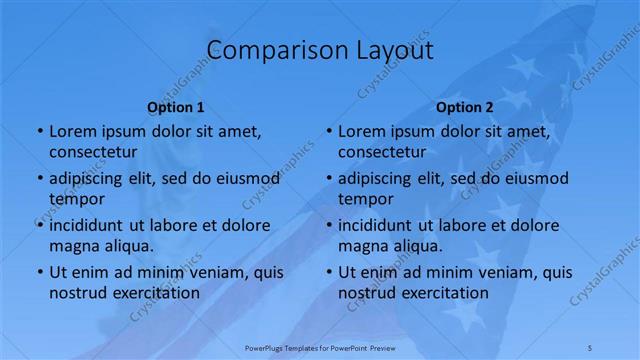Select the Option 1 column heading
[x=176, y=106]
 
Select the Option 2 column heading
[x=465, y=106]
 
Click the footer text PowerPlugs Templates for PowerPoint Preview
[x=320, y=346]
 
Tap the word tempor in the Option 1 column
[x=77, y=199]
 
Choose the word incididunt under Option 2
[x=381, y=225]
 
